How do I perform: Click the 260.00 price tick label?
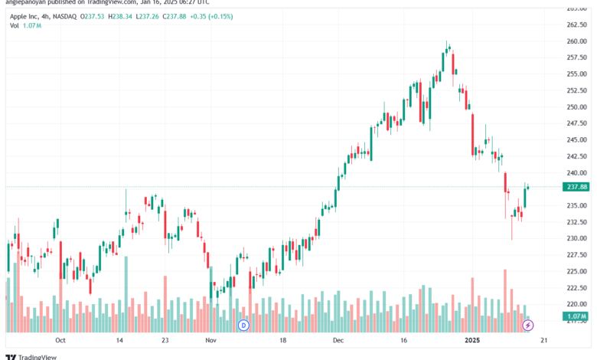(576, 41)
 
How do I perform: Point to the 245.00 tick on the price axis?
(576, 139)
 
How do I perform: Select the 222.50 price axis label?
(576, 288)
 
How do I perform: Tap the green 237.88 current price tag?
(576, 187)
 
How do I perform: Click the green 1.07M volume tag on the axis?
(576, 316)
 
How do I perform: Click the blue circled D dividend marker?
(244, 325)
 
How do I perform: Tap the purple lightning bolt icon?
(528, 325)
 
